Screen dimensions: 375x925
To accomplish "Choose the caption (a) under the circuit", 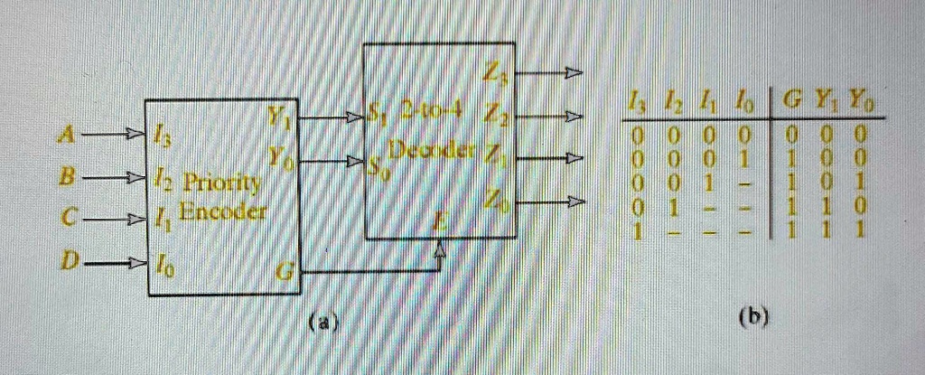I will tap(324, 321).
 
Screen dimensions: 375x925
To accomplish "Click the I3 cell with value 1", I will tap(637, 232).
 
